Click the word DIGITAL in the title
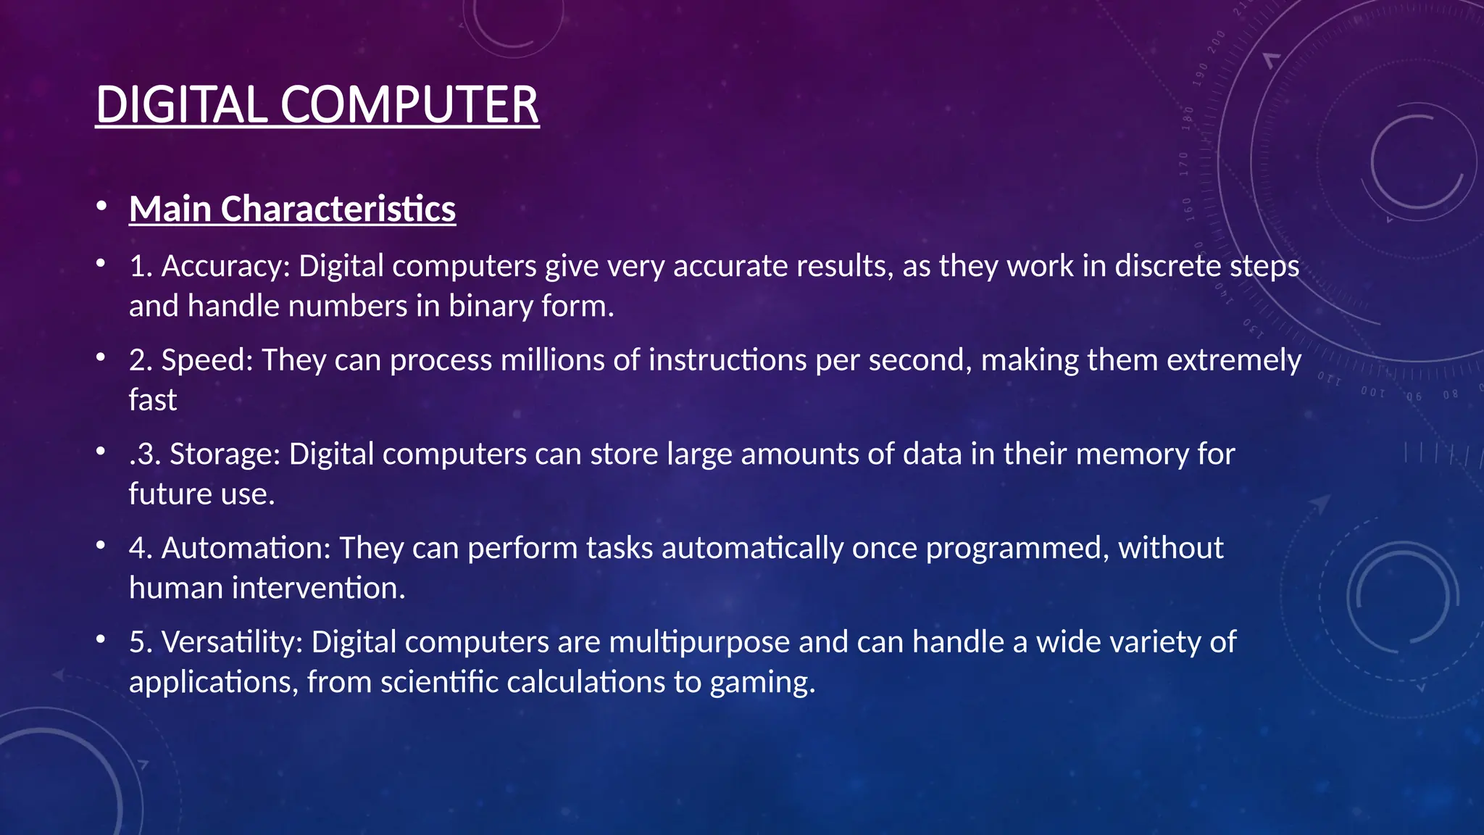pos(181,105)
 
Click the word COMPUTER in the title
pos(409,105)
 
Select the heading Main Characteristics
pos(292,209)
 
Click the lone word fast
pos(153,400)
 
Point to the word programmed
pos(1017,548)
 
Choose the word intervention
pos(318,588)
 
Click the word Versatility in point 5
pos(232,642)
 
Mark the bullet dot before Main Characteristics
pos(101,207)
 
